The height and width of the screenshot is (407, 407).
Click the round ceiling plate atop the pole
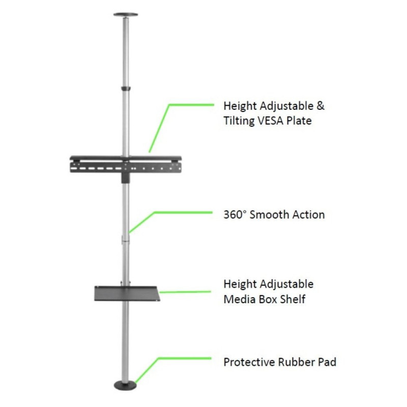pos(126,15)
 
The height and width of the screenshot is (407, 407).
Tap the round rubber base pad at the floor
pos(125,386)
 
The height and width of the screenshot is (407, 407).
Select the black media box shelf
pos(127,294)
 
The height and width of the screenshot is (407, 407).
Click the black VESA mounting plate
pos(126,165)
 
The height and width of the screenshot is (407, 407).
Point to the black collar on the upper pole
pos(126,89)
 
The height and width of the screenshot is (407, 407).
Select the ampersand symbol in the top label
pos(321,106)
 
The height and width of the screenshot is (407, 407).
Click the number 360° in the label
pos(235,215)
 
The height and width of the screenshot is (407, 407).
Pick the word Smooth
pos(269,215)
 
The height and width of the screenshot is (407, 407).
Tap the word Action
pos(309,215)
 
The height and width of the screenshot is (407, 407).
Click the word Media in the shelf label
pos(240,299)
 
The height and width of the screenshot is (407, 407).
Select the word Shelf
pos(295,299)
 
